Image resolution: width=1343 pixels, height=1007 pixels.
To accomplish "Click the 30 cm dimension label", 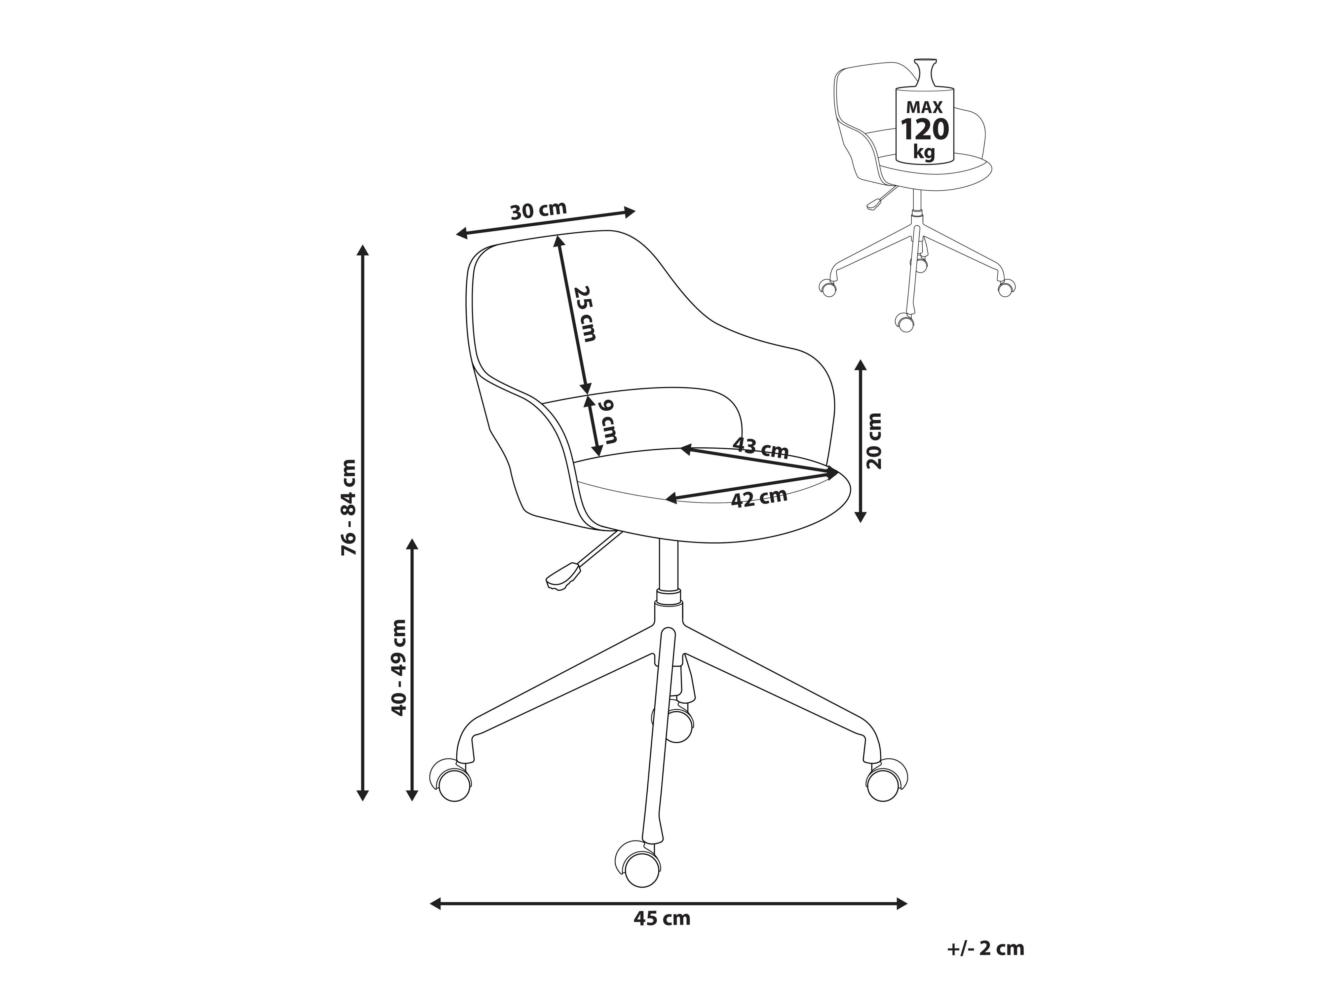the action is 539,210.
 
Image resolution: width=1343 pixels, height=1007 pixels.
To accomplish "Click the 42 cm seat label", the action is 759,498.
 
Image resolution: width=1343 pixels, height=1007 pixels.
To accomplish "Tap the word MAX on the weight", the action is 925,107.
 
